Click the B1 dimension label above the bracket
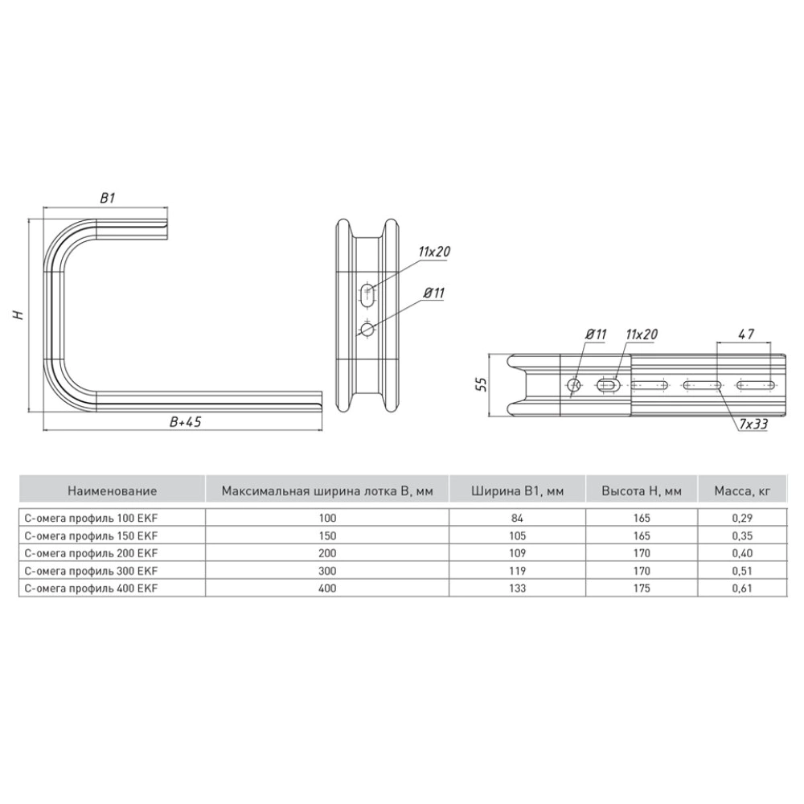point(107,198)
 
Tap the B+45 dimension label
point(186,421)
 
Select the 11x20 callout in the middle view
point(434,251)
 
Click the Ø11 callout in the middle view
point(434,293)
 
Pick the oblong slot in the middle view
point(368,295)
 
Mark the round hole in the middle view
point(367,329)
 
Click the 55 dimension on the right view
point(481,384)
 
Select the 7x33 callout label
point(753,424)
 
